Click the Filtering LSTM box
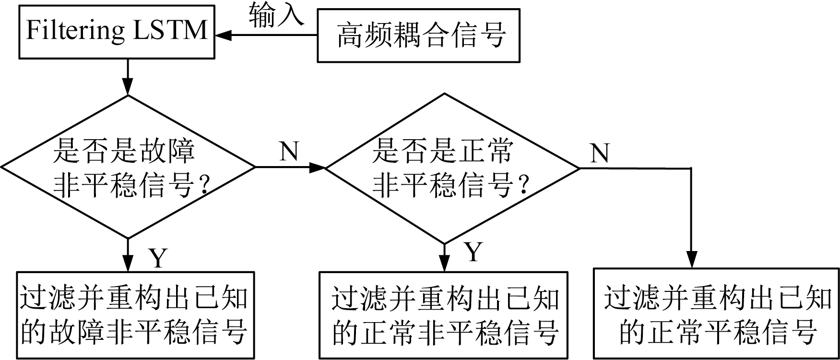coord(117,32)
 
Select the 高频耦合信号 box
coord(418,36)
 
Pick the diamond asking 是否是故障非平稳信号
coord(128,167)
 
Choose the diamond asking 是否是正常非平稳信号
coord(452,168)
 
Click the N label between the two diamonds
coord(289,151)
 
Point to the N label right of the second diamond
coord(599,153)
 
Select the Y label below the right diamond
coord(473,252)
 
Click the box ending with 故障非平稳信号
coord(135,315)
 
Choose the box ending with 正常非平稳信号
coord(444,315)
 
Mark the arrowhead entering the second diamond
coord(318,168)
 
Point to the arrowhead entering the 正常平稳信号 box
coord(691,260)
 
